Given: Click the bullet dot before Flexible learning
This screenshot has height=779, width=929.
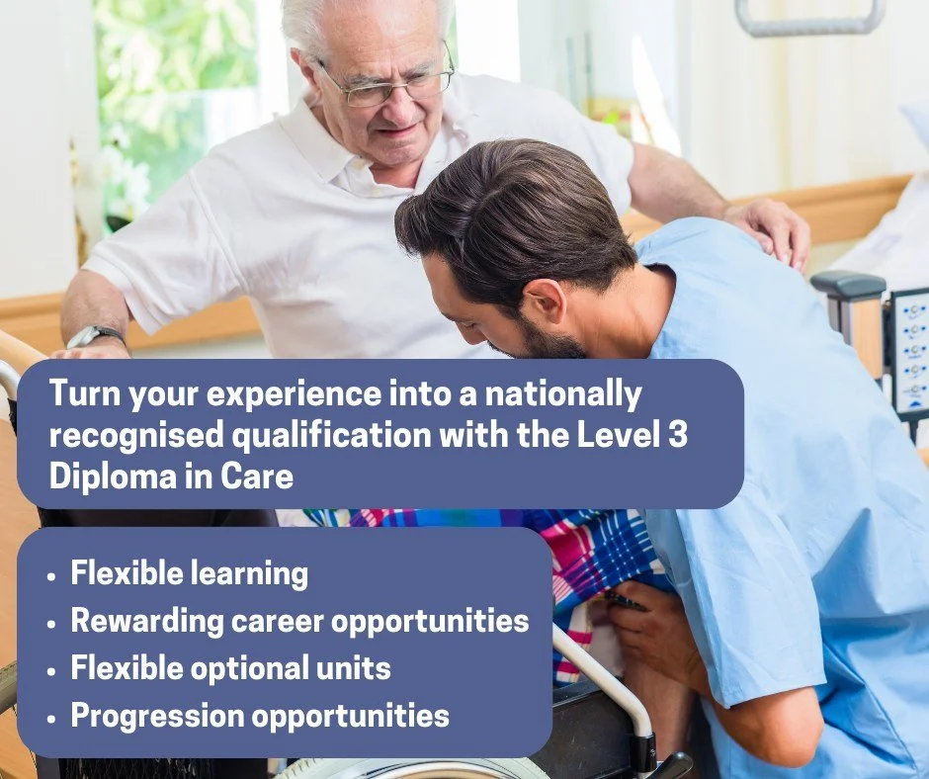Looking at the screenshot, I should [51, 575].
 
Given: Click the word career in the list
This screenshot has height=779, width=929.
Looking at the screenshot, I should [276, 621].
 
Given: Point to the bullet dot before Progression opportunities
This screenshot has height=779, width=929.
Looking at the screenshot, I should [51, 717].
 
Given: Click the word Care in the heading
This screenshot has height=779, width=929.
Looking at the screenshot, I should [261, 476].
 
